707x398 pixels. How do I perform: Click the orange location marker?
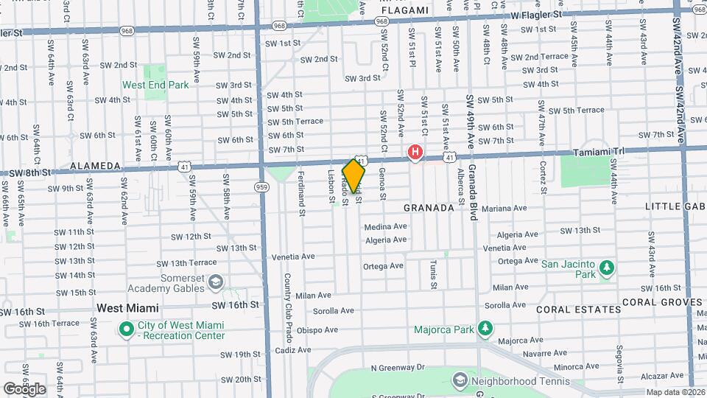(353, 176)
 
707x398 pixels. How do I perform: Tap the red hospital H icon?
(415, 153)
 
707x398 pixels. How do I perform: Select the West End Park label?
(155, 85)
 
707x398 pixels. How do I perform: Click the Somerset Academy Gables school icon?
(216, 282)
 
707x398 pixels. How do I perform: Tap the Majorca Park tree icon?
(485, 327)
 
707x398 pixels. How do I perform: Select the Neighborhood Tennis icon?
(460, 380)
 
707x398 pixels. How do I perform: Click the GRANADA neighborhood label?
(429, 208)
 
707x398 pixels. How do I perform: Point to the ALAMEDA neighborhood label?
(95, 167)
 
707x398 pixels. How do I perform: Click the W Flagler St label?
(535, 14)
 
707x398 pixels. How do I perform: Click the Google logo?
(24, 388)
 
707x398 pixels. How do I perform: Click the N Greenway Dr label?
(398, 367)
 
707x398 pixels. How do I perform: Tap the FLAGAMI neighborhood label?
(405, 10)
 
